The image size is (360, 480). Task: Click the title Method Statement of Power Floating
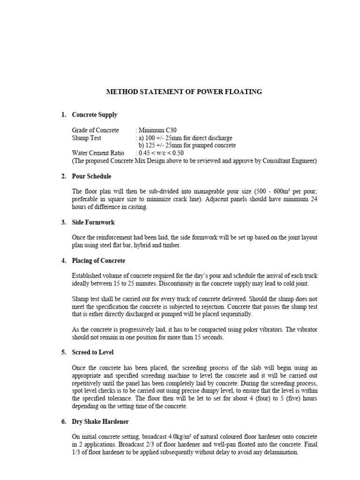coord(184,92)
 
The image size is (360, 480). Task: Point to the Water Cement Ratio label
coord(98,153)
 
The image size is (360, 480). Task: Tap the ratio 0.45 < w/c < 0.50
coord(161,153)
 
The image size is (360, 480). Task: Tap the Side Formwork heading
coord(93,222)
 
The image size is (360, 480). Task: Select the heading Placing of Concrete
coord(98,261)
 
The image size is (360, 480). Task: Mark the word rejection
coord(223,307)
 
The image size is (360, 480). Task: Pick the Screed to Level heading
coord(93,352)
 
